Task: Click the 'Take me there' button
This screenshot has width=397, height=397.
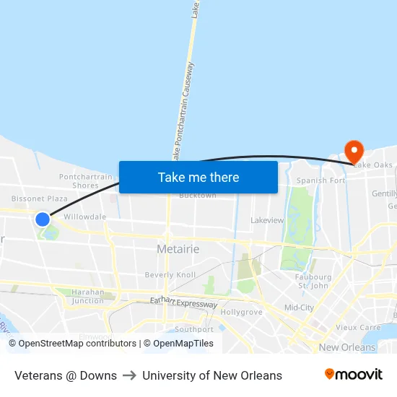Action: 198,177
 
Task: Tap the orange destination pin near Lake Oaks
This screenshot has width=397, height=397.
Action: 354,152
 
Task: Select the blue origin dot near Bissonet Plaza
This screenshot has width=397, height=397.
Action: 43,219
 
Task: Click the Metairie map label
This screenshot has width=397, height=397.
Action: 178,249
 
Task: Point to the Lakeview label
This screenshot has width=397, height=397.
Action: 267,220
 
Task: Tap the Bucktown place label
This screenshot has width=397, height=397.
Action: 197,196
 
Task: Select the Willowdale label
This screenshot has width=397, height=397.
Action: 85,217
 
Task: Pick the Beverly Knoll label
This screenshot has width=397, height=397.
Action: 170,275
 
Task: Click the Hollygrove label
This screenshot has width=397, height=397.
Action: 240,313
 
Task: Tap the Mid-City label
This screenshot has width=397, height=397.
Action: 299,307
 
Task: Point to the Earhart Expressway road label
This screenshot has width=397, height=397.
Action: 183,304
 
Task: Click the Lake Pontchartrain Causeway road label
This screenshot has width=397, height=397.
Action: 182,108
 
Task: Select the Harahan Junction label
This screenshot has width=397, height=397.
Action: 88,296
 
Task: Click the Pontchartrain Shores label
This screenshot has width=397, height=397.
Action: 86,181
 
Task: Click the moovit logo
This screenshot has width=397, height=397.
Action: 353,375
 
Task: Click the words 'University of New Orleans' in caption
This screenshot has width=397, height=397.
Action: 212,375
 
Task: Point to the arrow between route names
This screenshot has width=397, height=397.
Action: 130,375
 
